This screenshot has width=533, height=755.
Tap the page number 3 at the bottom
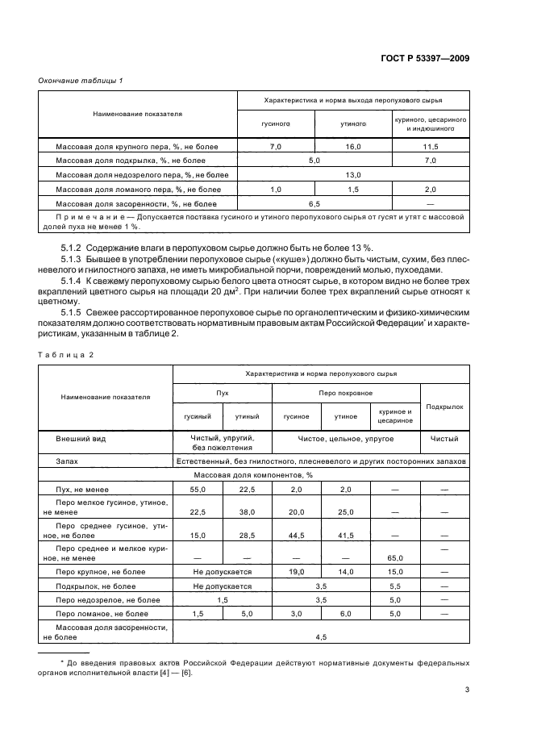(467, 689)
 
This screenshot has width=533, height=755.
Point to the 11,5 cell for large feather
(431, 147)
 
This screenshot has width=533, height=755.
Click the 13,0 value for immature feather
(353, 174)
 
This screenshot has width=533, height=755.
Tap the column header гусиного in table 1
(275, 124)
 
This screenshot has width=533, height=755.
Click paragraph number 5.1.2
(73, 246)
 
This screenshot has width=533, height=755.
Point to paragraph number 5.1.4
(73, 280)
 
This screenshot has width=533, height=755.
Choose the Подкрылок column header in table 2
(444, 407)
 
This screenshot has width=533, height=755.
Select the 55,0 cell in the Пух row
(198, 490)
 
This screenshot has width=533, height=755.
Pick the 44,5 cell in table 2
(297, 534)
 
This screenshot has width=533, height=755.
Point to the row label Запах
(68, 461)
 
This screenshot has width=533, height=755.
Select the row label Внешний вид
(81, 439)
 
